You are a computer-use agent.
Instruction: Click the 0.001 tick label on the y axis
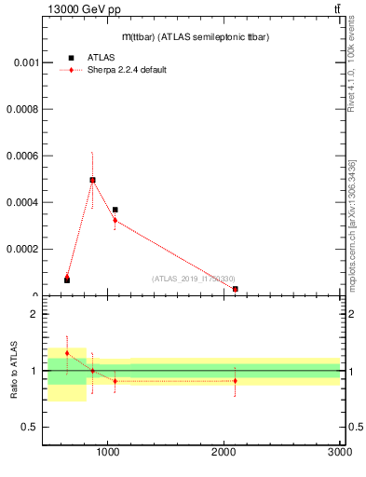(21, 62)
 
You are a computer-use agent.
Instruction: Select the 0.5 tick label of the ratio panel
(28, 427)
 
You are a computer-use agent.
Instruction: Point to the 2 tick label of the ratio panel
(33, 314)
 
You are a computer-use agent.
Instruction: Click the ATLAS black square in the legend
(71, 58)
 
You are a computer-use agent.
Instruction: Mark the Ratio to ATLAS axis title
(14, 370)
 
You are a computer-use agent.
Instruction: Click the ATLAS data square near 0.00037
(115, 210)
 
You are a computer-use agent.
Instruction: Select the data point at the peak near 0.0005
(92, 180)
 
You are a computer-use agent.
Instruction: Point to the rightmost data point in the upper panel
(236, 289)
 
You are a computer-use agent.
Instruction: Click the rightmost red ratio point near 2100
(236, 380)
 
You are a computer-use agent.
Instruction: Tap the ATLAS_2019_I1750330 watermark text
(194, 279)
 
